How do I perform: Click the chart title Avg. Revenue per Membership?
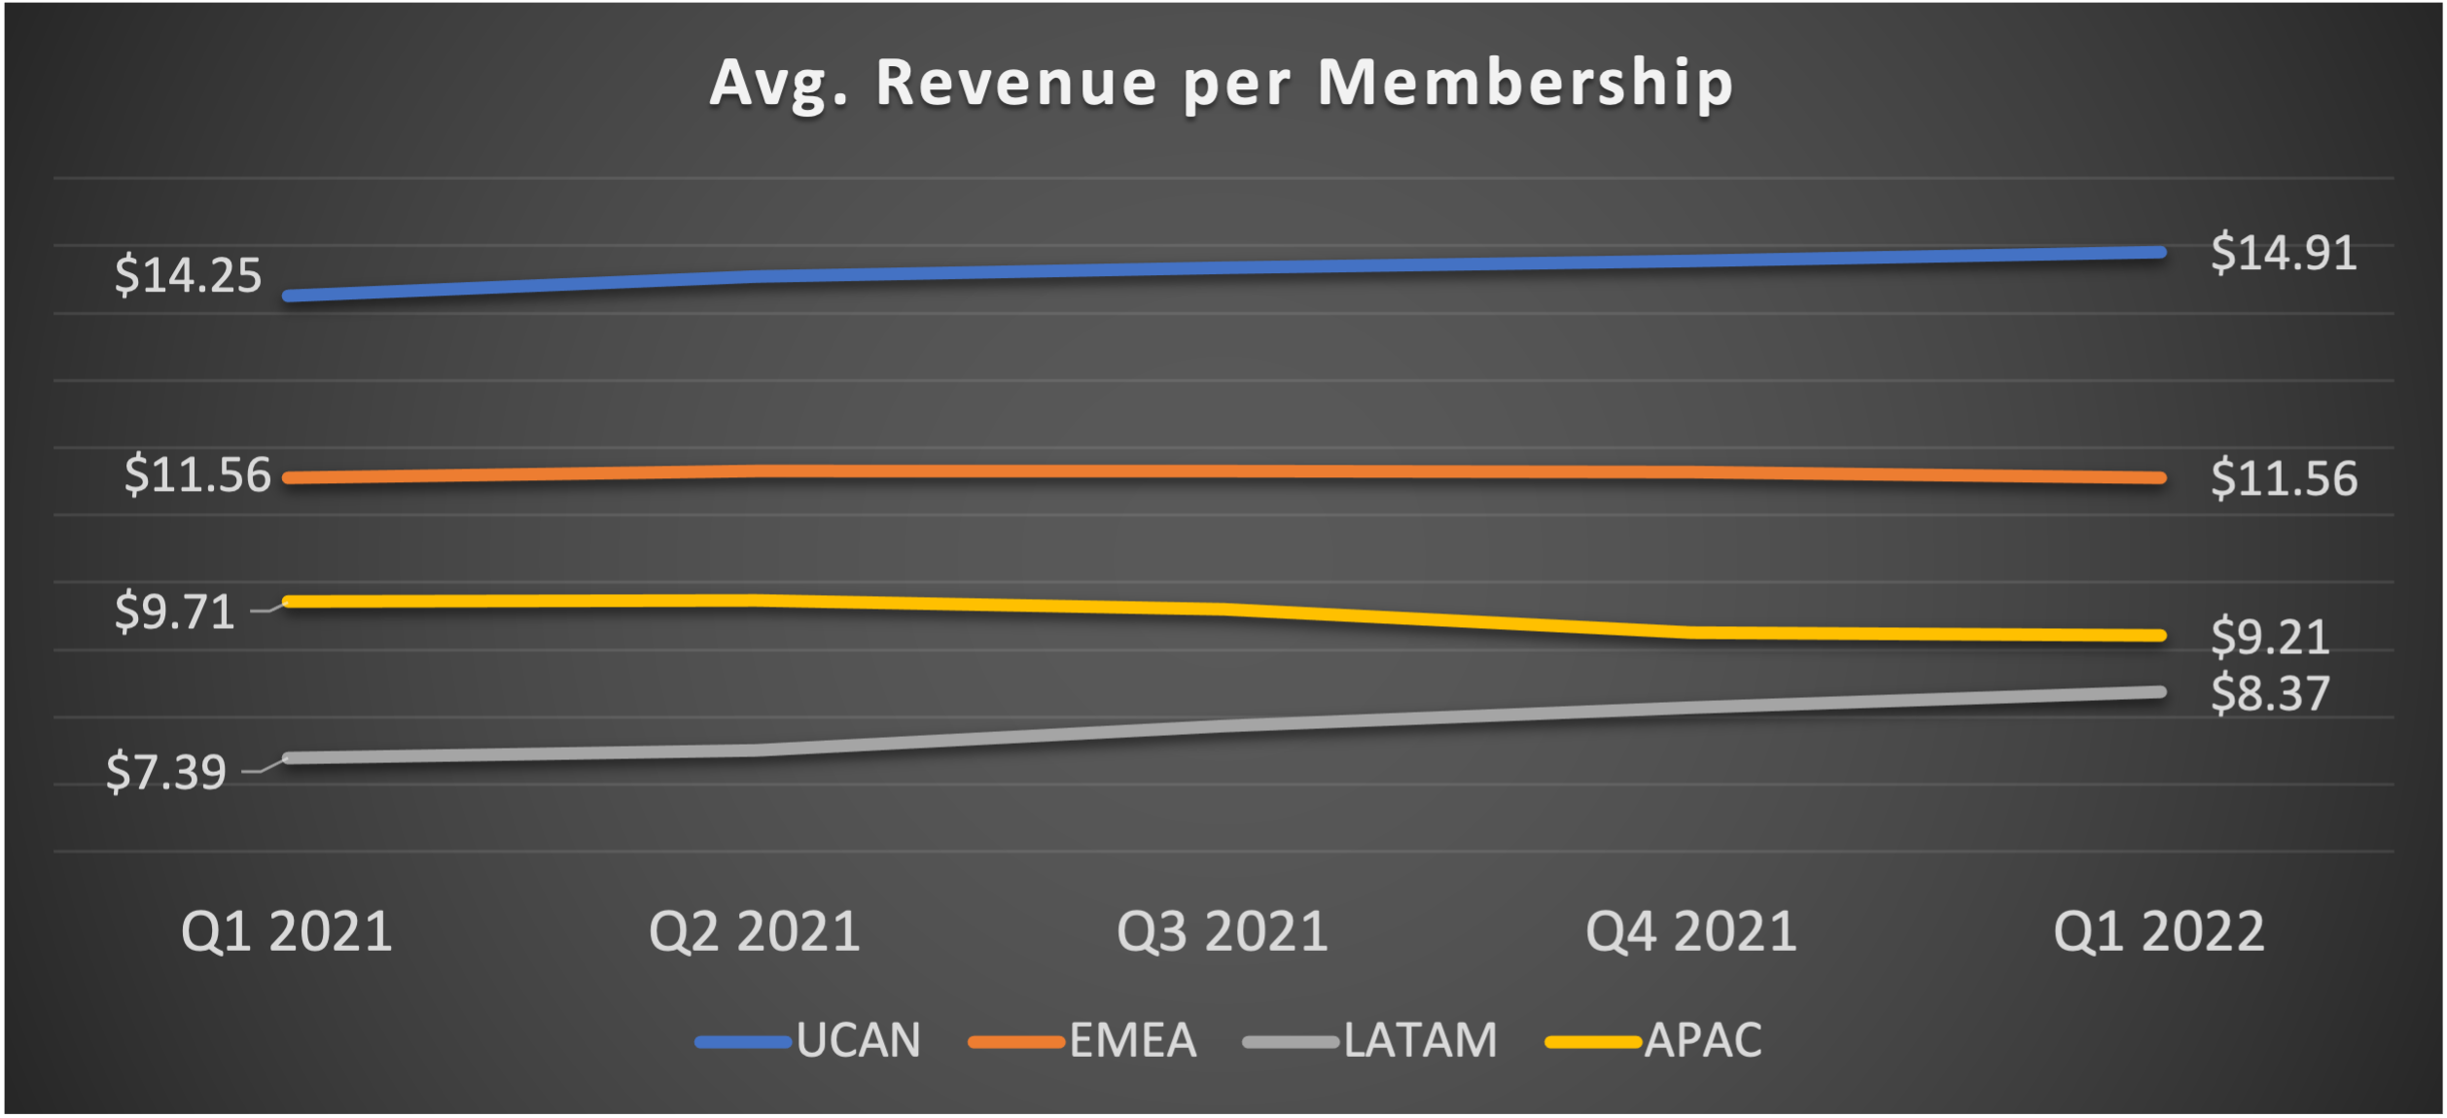click(1222, 83)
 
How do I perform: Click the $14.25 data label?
click(188, 275)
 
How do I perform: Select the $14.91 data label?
click(2284, 253)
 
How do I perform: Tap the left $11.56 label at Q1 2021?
click(197, 475)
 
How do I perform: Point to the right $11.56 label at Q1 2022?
click(2284, 479)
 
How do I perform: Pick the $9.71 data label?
click(175, 612)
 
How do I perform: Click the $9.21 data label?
click(2270, 638)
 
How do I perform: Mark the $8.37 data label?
click(2270, 694)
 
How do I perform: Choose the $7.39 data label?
click(165, 773)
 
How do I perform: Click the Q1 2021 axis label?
click(287, 931)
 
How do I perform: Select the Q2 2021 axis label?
click(755, 931)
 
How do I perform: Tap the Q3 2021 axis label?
click(1223, 931)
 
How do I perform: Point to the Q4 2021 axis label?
click(1691, 931)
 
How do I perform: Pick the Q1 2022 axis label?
click(2159, 931)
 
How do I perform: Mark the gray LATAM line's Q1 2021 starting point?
click(289, 758)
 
